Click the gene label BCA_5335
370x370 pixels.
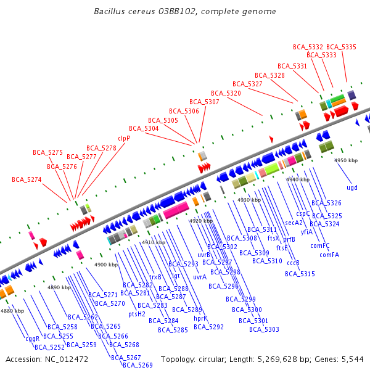pyautogui.click(x=341, y=47)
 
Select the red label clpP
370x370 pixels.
pyautogui.click(x=124, y=138)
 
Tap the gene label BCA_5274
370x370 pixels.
pyautogui.click(x=27, y=179)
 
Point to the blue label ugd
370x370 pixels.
pyautogui.click(x=351, y=187)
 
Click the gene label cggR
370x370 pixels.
pyautogui.click(x=33, y=339)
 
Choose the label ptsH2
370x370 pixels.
pyautogui.click(x=137, y=314)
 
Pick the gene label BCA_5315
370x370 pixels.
pyautogui.click(x=300, y=274)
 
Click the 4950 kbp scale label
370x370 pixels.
pyautogui.click(x=346, y=160)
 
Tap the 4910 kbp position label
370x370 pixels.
pyautogui.click(x=154, y=242)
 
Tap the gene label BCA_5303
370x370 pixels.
pyautogui.click(x=264, y=329)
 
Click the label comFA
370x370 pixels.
pyautogui.click(x=330, y=255)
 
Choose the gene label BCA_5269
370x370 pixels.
pyautogui.click(x=138, y=365)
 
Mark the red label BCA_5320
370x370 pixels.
pyautogui.click(x=226, y=93)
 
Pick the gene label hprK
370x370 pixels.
pyautogui.click(x=200, y=318)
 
